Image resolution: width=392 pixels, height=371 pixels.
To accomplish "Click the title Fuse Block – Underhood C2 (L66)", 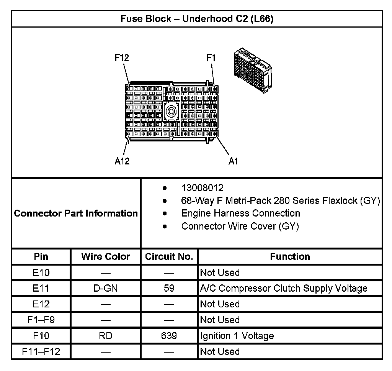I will click(x=197, y=19).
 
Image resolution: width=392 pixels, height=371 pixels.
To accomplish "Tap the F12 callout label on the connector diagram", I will click(x=122, y=58).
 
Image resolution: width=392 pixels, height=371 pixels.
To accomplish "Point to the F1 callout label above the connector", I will click(x=211, y=58).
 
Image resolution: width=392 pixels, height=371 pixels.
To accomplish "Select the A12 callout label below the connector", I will click(x=122, y=161).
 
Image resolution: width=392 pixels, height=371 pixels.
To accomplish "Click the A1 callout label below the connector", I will click(x=233, y=161).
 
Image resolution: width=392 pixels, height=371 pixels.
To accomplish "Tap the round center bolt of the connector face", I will click(x=171, y=112).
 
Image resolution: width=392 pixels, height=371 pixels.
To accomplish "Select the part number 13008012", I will click(x=202, y=188).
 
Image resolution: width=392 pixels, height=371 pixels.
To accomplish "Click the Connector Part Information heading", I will click(x=76, y=213).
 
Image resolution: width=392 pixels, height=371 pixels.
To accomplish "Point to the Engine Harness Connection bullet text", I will click(x=240, y=213).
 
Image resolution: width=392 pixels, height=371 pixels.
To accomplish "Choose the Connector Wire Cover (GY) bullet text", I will click(x=240, y=226).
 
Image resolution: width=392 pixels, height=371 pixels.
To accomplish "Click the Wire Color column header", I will click(x=105, y=256).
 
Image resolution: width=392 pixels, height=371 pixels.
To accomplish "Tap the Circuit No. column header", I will click(x=169, y=256).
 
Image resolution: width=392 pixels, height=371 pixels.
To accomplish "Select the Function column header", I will click(x=290, y=256).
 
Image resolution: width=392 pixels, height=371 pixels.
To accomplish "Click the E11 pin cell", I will click(x=41, y=288).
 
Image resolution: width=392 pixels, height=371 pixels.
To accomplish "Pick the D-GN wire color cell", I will click(x=105, y=288).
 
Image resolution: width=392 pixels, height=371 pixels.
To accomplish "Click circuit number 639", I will click(x=169, y=336).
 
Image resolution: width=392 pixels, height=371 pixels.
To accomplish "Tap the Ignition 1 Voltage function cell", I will click(x=237, y=336).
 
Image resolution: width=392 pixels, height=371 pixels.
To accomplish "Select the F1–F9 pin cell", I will click(x=41, y=320).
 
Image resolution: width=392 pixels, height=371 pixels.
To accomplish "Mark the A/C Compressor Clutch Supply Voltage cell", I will click(x=284, y=288).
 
